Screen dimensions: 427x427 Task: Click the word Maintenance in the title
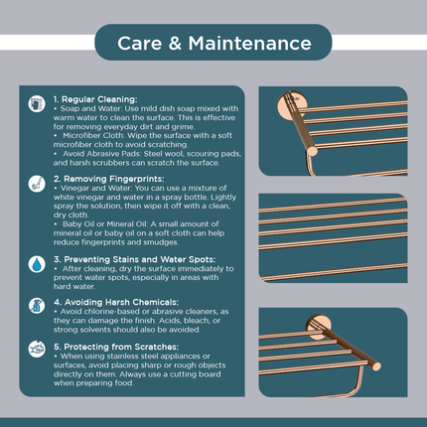coord(250,44)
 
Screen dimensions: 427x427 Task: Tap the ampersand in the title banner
coord(175,44)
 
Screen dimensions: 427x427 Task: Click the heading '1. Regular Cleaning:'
coord(95,99)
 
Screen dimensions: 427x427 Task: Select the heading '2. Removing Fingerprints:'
coord(109,179)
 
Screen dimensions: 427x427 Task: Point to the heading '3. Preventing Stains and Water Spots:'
coord(135,259)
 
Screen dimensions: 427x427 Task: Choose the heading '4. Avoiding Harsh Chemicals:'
coord(116,302)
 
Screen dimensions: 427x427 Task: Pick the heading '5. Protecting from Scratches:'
coord(116,347)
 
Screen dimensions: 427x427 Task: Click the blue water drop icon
coord(37,264)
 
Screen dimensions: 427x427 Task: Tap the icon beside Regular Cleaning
coord(37,103)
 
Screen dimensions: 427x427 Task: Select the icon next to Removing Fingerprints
coord(37,184)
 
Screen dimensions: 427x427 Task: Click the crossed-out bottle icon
coord(37,305)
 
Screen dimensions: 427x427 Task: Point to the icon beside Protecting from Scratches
coord(37,349)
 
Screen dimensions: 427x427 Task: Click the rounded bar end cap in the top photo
coord(312,151)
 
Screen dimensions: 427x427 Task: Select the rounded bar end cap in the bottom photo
coord(376,365)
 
